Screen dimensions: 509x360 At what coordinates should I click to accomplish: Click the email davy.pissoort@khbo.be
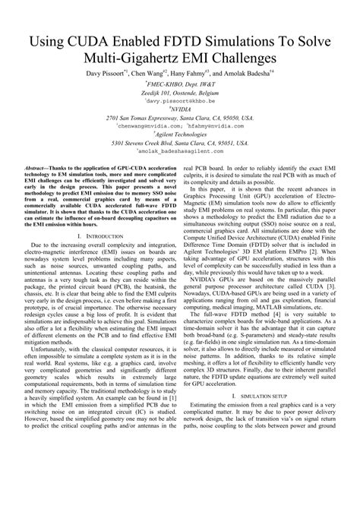point(181,100)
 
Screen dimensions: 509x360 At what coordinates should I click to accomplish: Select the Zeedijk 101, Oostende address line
point(181,92)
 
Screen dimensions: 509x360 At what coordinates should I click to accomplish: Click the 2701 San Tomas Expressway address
point(181,118)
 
